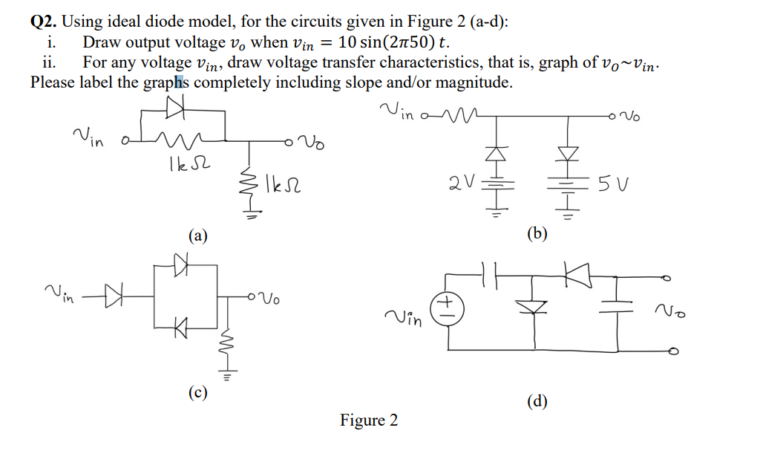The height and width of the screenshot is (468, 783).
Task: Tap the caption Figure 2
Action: (x=369, y=420)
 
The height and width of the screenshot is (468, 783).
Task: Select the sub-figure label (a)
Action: (x=197, y=236)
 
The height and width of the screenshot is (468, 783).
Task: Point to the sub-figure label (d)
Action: (x=537, y=402)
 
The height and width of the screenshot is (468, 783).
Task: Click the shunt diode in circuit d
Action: (x=534, y=306)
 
